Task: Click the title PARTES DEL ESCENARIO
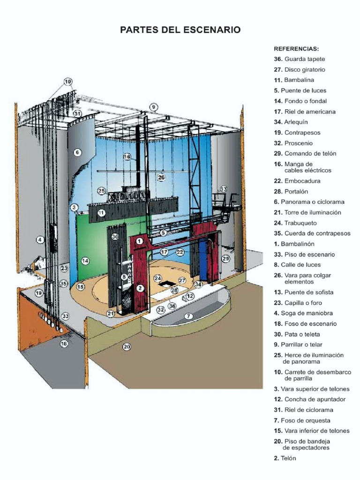(x=180, y=30)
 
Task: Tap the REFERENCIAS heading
(x=296, y=49)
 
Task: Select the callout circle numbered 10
(x=68, y=82)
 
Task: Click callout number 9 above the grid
(x=154, y=107)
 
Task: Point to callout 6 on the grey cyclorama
(x=77, y=152)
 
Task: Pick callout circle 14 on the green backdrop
(x=85, y=261)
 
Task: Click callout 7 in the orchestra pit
(x=188, y=316)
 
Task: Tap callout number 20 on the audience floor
(x=127, y=346)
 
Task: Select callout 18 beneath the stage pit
(x=64, y=344)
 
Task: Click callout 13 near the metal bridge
(x=224, y=188)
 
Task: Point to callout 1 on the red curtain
(x=140, y=241)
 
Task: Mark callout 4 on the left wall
(x=40, y=240)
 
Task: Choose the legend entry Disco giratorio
(x=300, y=69)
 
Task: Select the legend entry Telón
(x=285, y=458)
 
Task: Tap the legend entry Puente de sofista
(x=304, y=292)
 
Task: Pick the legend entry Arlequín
(x=291, y=122)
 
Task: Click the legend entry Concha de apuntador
(x=309, y=399)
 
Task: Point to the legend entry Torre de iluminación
(x=307, y=212)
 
